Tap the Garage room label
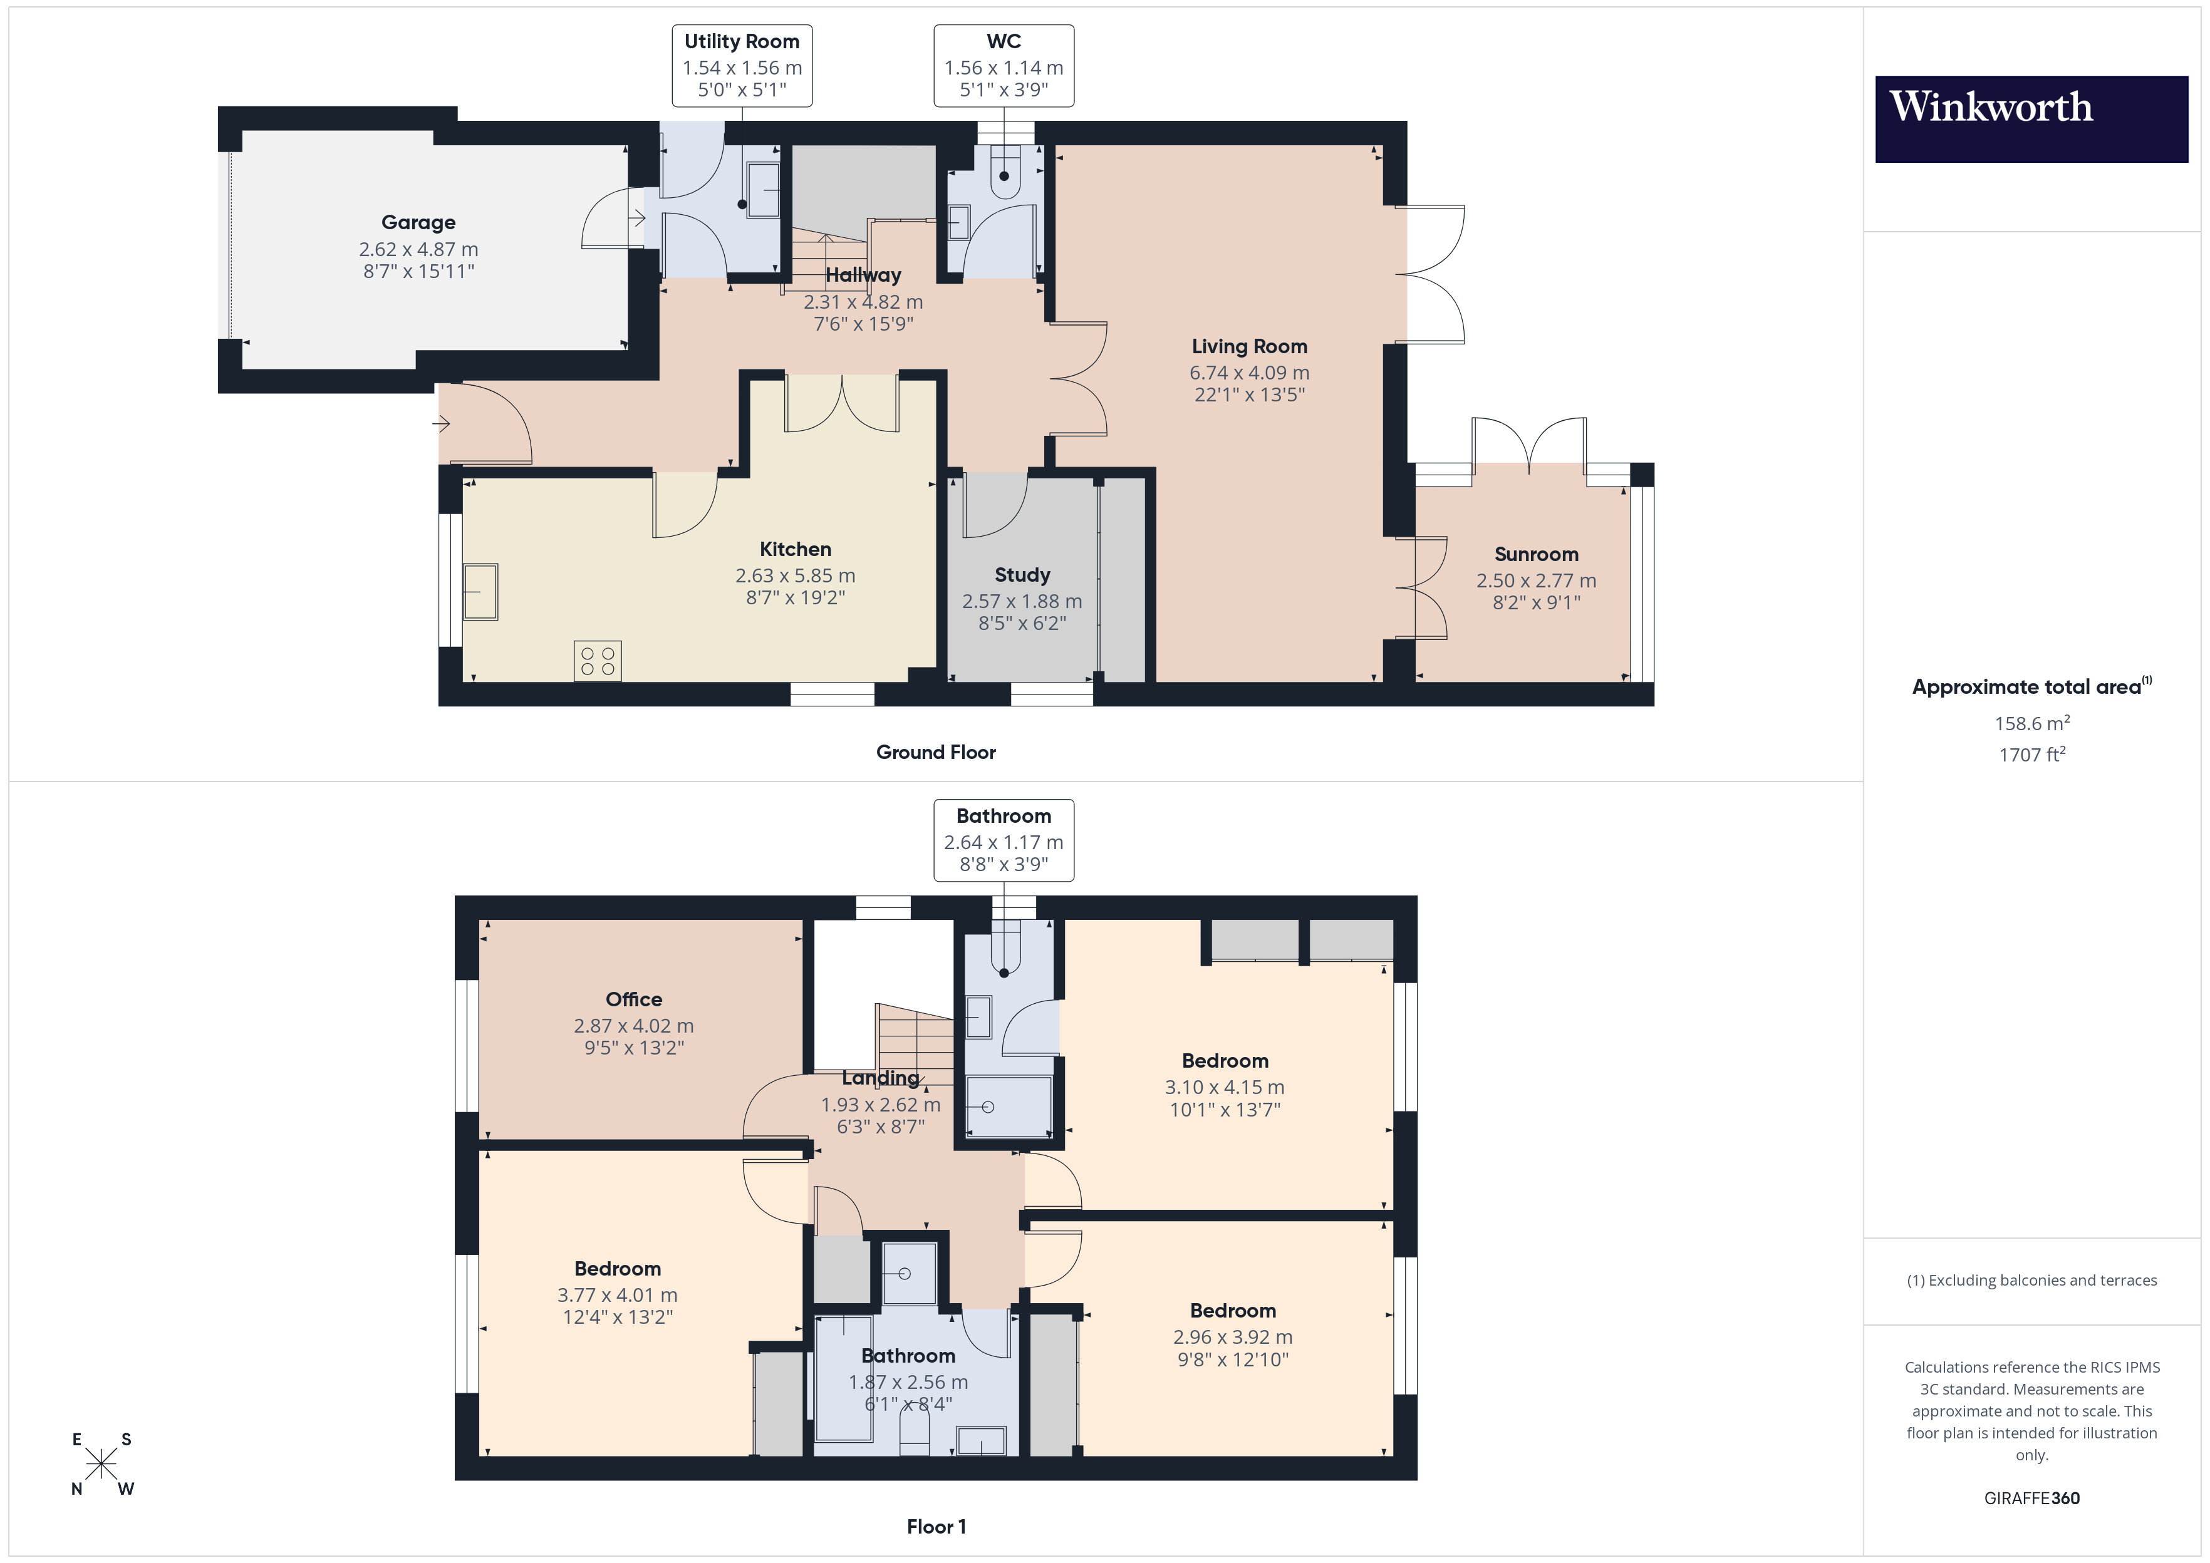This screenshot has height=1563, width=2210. click(418, 222)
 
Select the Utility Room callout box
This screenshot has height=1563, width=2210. click(741, 66)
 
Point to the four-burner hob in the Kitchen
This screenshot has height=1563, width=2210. click(597, 661)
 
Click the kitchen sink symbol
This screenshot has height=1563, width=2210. click(480, 591)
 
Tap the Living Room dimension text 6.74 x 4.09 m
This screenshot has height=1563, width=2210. click(1248, 373)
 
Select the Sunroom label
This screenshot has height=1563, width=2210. click(1535, 554)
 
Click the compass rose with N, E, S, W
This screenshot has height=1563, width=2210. click(101, 1464)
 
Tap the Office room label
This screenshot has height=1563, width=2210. click(633, 999)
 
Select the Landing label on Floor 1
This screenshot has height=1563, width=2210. click(879, 1078)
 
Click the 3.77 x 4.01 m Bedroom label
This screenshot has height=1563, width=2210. click(617, 1269)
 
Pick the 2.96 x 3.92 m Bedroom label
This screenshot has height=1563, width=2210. click(1232, 1310)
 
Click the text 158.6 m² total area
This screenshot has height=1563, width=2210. click(2031, 723)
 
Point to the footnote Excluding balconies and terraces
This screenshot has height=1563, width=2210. click(2031, 1280)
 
